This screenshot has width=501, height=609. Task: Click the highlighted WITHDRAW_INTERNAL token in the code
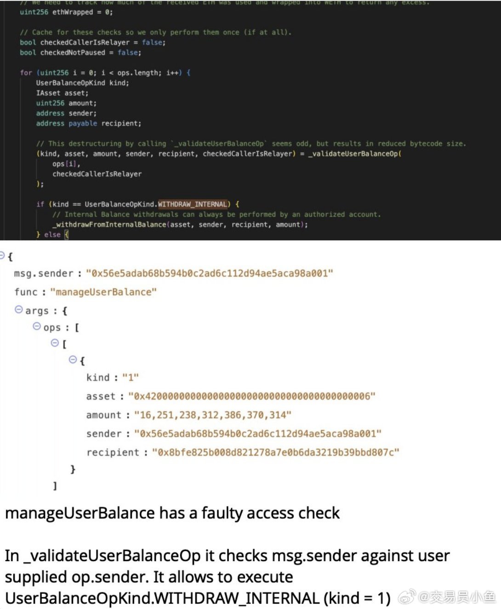click(193, 204)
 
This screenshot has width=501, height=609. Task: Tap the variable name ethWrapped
click(73, 12)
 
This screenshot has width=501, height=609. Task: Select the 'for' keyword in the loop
click(26, 73)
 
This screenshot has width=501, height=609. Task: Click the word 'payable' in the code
click(83, 123)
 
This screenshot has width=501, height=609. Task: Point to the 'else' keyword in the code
click(52, 235)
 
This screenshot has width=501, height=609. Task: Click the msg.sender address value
click(209, 273)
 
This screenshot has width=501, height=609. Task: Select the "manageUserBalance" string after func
click(103, 292)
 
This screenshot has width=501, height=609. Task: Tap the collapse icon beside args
click(19, 309)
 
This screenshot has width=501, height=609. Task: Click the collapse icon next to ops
click(37, 326)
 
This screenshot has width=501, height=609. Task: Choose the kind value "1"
click(131, 377)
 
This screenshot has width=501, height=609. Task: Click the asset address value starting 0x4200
click(252, 396)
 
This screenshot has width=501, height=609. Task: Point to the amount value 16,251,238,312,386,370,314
click(212, 415)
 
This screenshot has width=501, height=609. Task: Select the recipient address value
click(275, 452)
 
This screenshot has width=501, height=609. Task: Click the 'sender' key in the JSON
click(104, 434)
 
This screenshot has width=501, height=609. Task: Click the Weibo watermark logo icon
click(406, 597)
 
